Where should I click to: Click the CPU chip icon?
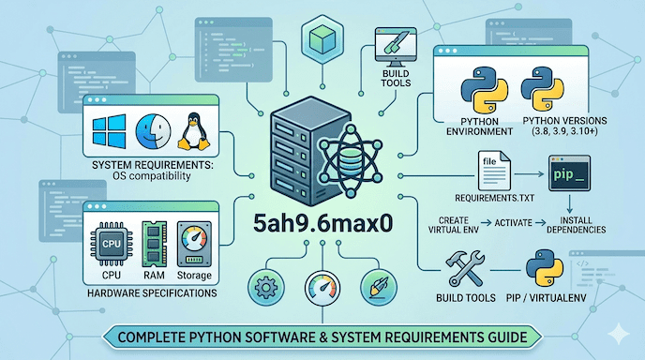click(x=113, y=242)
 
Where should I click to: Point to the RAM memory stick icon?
click(x=155, y=242)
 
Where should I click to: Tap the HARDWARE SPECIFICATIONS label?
click(x=153, y=293)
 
